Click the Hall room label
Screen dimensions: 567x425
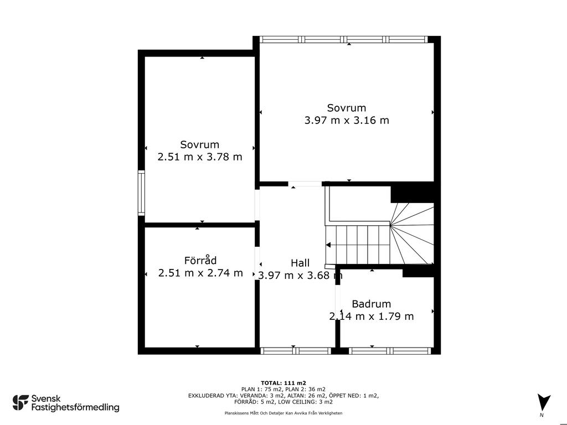pos(300,263)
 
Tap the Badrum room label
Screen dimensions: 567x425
pos(372,304)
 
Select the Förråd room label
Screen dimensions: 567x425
pos(200,260)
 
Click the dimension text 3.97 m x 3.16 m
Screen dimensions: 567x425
pos(347,120)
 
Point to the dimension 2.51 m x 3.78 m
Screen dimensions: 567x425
pos(200,157)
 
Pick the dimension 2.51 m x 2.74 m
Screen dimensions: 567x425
pos(200,273)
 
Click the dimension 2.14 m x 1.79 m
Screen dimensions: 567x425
pos(372,316)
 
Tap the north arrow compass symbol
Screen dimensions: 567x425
pos(543,402)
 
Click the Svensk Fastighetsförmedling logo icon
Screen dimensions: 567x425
pos(20,403)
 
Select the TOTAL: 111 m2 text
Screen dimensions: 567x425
pos(283,383)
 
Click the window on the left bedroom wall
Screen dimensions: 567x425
pos(141,193)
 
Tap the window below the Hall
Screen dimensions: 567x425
pos(296,350)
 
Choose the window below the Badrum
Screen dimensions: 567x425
pos(390,350)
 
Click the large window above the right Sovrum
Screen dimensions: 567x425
pos(344,39)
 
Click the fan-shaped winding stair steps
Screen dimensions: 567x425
pos(412,233)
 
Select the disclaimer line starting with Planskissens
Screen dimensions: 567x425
pos(283,413)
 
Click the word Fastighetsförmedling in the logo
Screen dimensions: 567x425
pos(75,408)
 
